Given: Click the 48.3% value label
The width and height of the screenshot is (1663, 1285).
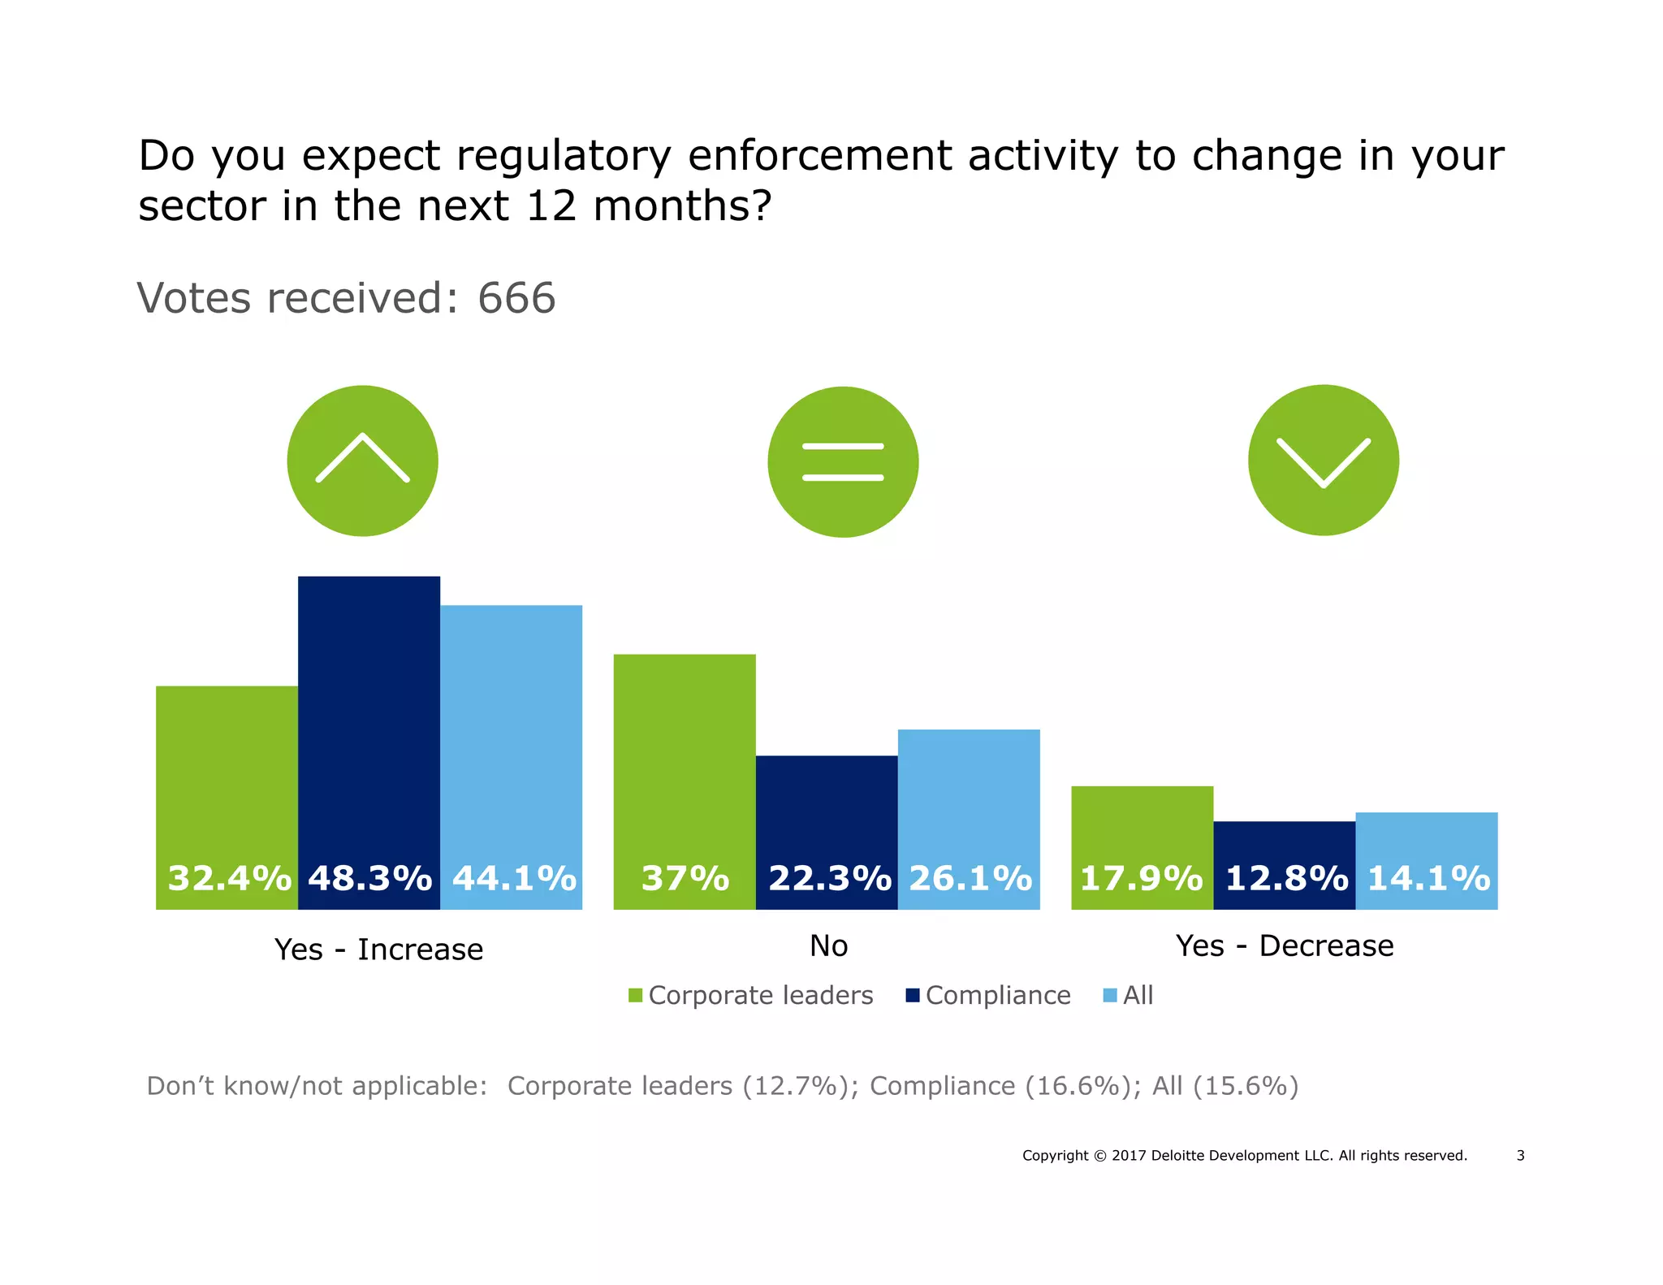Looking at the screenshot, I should [x=369, y=878].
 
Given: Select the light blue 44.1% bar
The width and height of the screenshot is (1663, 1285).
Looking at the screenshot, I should [x=511, y=755].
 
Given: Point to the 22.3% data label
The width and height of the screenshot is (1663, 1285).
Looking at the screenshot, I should [x=829, y=878].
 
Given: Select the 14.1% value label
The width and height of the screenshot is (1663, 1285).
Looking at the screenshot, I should [x=1428, y=878].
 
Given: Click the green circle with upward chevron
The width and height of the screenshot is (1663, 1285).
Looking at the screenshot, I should [x=362, y=461].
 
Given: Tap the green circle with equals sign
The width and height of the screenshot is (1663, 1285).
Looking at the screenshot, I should [x=843, y=461].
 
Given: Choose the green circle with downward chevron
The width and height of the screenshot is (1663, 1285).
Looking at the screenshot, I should [x=1323, y=460].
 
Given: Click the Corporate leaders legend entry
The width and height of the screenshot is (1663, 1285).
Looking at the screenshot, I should [x=751, y=995].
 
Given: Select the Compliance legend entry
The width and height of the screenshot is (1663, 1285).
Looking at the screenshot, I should [x=988, y=995].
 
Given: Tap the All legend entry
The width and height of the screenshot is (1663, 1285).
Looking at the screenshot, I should [x=1129, y=995].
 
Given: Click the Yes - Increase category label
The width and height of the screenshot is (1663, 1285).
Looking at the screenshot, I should [x=378, y=949].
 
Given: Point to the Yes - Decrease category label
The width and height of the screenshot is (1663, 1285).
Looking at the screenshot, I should [x=1284, y=945].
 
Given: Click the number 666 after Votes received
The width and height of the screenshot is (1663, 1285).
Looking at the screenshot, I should [x=516, y=297].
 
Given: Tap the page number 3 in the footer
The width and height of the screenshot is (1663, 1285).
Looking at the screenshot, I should [x=1520, y=1155].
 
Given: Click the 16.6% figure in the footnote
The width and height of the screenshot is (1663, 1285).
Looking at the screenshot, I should [x=1081, y=1086].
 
